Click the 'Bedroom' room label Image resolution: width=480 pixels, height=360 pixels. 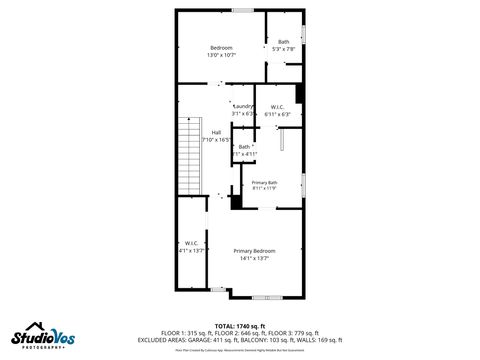221,48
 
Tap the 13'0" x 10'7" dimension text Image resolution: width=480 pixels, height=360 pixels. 221,56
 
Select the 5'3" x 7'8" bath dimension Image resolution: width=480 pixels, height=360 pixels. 284,49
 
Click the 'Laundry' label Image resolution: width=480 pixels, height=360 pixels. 242,106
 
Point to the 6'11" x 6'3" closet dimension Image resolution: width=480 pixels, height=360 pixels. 277,114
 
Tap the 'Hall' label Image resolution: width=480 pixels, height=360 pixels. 216,133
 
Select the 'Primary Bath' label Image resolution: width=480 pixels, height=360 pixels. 264,182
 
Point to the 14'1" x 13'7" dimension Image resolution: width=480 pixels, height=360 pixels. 254,258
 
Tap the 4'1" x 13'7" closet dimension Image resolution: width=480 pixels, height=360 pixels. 191,251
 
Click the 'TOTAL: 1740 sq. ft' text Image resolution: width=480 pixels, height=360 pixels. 239,326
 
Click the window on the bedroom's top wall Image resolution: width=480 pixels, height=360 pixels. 242,11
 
